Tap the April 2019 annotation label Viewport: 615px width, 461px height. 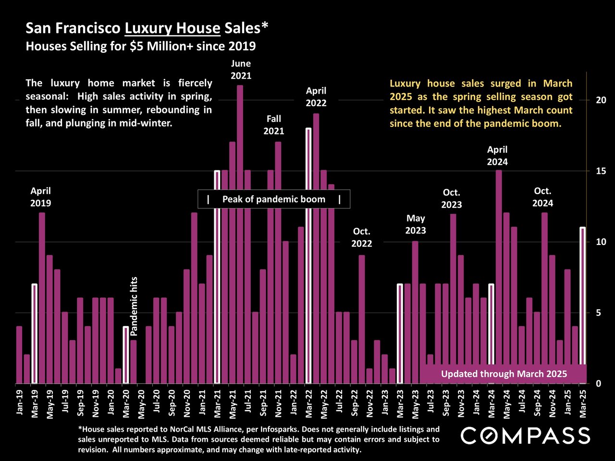(41, 197)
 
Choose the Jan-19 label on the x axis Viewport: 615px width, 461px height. (20, 402)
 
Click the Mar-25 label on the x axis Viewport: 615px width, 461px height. (583, 402)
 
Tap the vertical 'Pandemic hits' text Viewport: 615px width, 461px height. (134, 305)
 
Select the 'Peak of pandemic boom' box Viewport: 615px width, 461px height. (274, 199)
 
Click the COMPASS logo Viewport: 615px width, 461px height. (525, 436)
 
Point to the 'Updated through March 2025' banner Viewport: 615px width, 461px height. (504, 374)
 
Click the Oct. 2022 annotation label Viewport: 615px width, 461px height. (361, 237)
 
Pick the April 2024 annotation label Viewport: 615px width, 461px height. (497, 156)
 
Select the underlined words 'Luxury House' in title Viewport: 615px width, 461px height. (172, 28)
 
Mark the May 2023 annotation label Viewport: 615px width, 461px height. (416, 224)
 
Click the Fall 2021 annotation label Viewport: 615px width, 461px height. (274, 125)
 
